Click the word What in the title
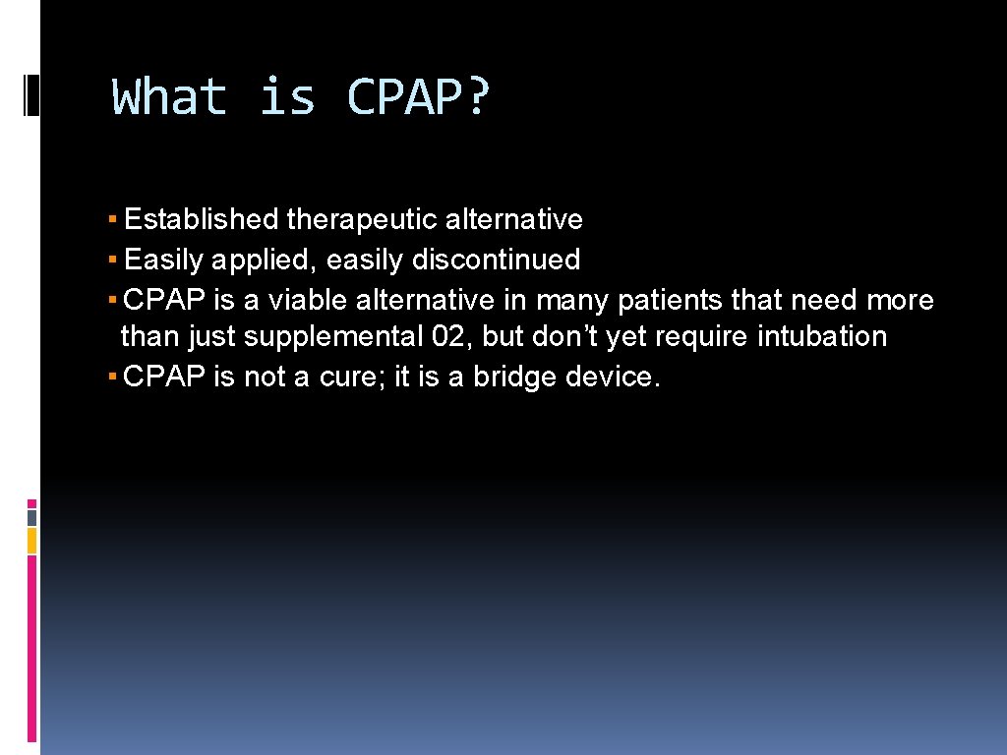tap(169, 98)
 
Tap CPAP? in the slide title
tap(417, 98)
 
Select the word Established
tap(202, 219)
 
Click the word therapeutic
tap(361, 219)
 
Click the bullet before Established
tap(114, 219)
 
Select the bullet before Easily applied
tap(114, 260)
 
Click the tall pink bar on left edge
tap(31, 649)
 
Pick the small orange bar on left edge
tap(31, 540)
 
